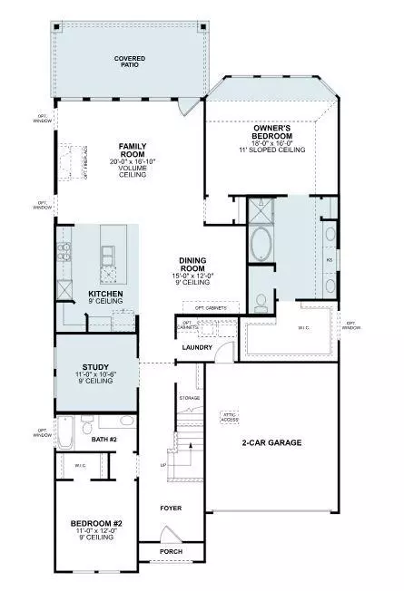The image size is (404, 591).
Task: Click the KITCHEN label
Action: (105, 295)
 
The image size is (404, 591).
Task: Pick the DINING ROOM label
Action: (194, 264)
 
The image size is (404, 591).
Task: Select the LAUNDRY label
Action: (197, 346)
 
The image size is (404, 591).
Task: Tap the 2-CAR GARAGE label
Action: (271, 443)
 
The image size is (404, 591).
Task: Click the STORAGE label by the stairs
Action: (190, 398)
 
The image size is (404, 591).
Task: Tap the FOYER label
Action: (171, 509)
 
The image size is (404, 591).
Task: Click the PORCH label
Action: (171, 551)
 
